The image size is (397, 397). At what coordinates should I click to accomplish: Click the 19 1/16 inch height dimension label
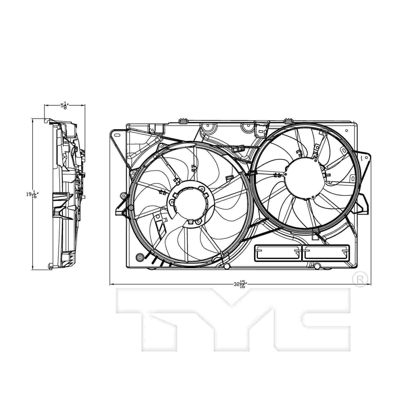click(x=31, y=194)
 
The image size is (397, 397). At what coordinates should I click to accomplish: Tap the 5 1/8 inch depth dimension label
click(x=64, y=106)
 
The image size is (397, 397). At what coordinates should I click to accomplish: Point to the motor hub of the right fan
click(x=304, y=178)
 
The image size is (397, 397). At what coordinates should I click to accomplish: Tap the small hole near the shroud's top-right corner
click(x=347, y=130)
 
